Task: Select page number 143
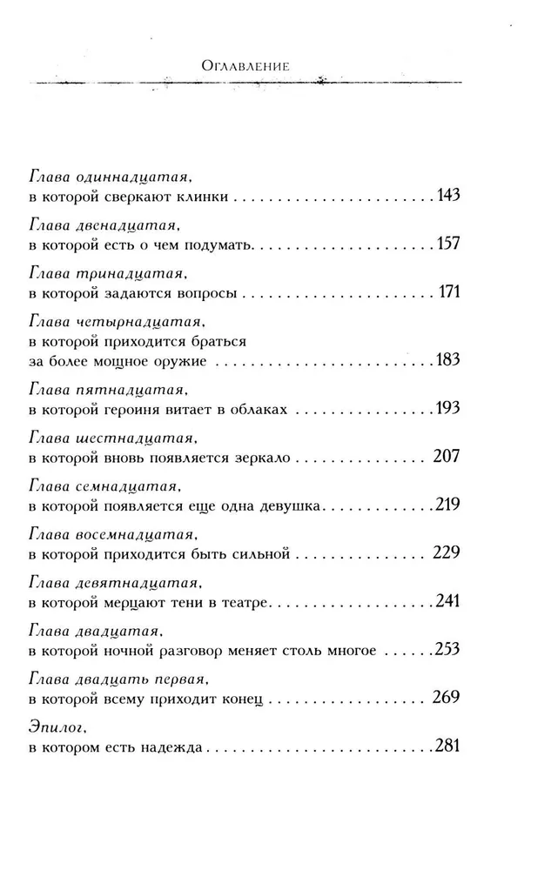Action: pyautogui.click(x=447, y=195)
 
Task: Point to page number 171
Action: pyautogui.click(x=449, y=291)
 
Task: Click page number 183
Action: pyautogui.click(x=447, y=360)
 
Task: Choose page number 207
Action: pyautogui.click(x=446, y=455)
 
